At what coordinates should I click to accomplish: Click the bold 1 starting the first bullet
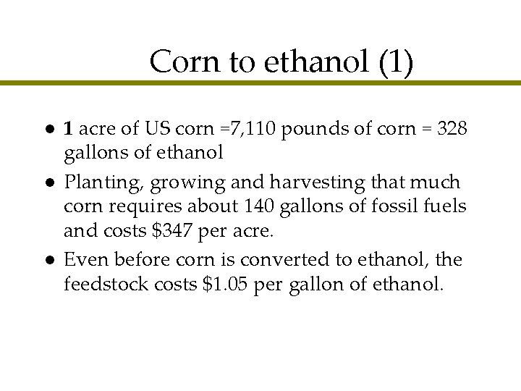coord(68,130)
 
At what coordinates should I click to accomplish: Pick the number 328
coord(454,130)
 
